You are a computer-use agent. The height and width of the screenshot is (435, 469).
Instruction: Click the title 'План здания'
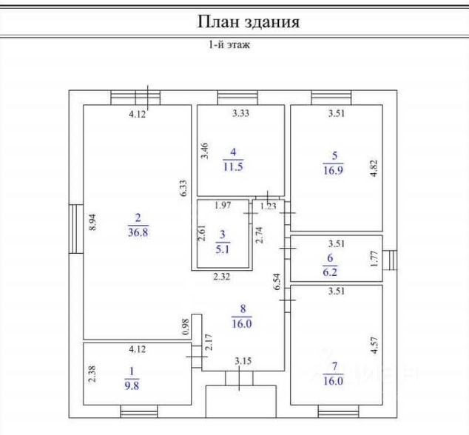248,21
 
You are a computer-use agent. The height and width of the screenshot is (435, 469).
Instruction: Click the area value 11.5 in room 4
234,166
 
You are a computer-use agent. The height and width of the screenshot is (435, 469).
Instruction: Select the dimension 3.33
240,114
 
